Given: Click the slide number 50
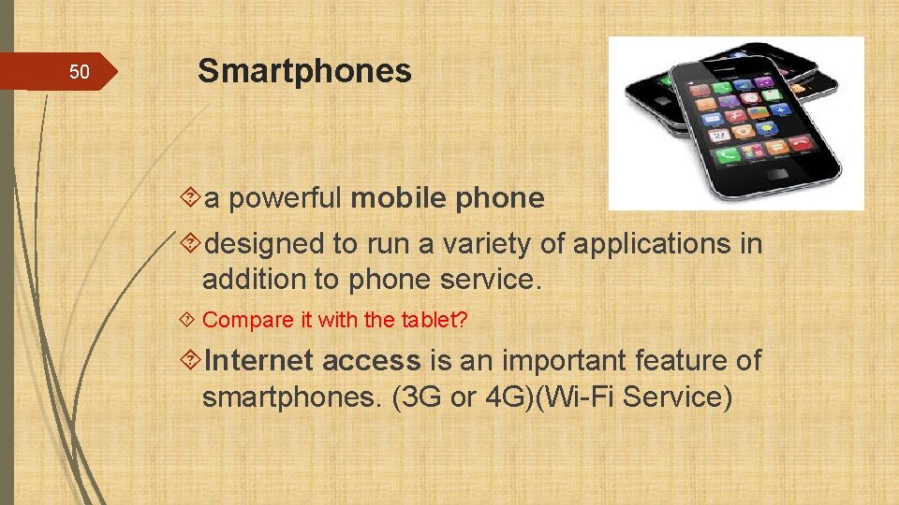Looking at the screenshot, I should [x=80, y=72].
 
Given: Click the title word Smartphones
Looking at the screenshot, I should [x=304, y=71].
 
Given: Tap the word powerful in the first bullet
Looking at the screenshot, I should [x=287, y=198].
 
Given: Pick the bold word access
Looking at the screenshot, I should [x=372, y=360].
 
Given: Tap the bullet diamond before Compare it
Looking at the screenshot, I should [x=189, y=320].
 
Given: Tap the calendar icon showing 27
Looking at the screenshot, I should [x=720, y=135].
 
